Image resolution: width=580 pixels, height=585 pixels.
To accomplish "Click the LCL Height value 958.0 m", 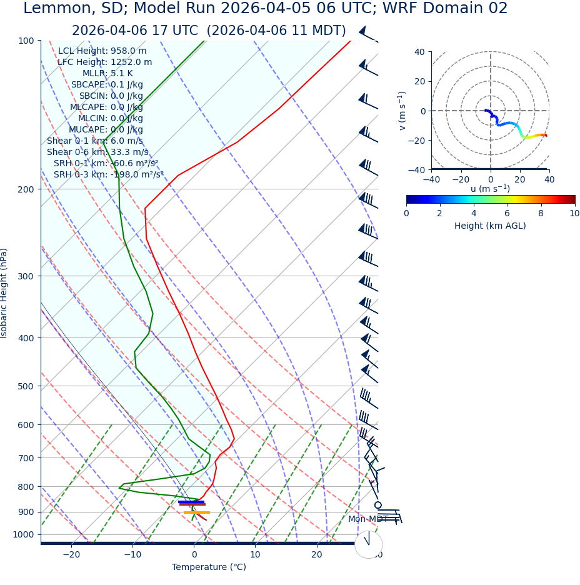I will pos(129,51).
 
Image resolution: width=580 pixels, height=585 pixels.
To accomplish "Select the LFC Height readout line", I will pos(104,62).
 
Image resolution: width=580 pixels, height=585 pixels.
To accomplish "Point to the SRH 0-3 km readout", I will pos(108,174).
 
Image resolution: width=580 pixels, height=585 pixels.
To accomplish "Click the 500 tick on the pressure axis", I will pos(26,386).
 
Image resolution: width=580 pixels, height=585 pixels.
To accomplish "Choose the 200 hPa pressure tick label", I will pos(26,189).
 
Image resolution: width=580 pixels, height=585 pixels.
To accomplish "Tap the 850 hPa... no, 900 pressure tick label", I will pos(26,512).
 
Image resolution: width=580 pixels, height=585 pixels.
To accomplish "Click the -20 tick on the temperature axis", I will pos(71,554).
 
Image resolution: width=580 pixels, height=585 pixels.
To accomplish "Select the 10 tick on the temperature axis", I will pos(255,554).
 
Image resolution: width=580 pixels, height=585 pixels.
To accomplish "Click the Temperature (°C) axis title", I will pos(209,567).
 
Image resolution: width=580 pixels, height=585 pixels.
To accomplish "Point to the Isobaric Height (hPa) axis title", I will pos(4,293).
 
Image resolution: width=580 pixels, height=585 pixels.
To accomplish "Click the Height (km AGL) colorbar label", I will pos(490,226).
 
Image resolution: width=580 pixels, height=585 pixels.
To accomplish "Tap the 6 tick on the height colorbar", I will pos(507,213).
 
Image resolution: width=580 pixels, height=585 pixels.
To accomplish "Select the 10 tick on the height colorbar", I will pos(574,213).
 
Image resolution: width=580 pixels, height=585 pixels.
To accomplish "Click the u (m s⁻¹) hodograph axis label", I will pos(490,189).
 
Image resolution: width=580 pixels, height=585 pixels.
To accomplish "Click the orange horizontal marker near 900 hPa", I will pos(197,512).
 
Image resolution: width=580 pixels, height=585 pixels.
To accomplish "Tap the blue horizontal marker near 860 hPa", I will pos(191,501).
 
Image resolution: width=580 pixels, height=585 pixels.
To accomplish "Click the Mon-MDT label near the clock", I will pos(367,519).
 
